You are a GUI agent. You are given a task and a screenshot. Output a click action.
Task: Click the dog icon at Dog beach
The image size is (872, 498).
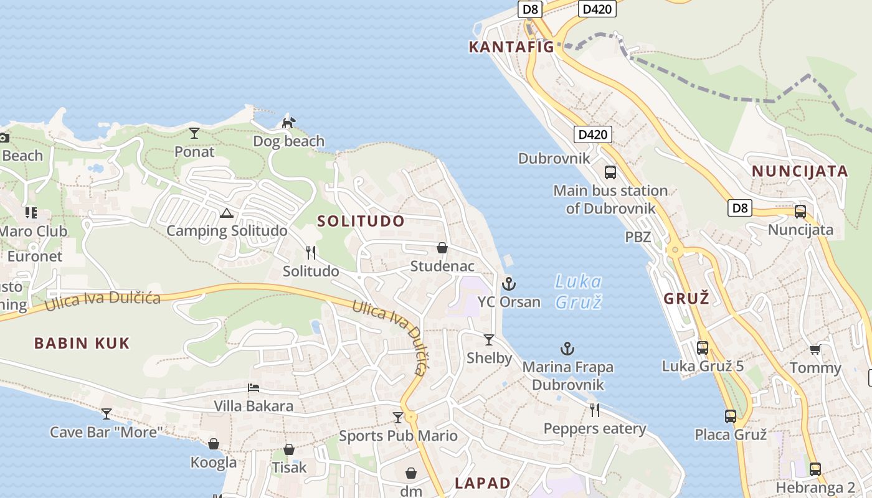[x=288, y=123]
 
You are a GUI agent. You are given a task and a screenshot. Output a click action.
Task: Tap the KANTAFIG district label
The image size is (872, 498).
[x=511, y=47]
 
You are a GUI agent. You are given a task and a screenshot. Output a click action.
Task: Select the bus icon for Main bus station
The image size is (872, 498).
[x=610, y=172]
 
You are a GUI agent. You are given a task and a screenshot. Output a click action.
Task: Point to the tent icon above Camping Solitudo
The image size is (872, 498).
[x=226, y=214]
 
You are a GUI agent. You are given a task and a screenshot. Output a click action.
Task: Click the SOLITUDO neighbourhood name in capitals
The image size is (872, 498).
[x=361, y=221]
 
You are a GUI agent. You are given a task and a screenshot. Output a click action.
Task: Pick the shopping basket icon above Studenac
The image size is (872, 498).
[x=442, y=248]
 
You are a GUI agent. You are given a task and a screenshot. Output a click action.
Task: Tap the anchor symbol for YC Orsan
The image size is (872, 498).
[x=509, y=284]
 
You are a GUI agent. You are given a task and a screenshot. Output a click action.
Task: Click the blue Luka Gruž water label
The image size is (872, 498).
[x=579, y=291]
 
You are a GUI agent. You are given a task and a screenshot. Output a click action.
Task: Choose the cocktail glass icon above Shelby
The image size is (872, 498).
[x=489, y=340]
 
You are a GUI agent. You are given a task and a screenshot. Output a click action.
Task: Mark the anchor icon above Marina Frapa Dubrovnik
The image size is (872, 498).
[x=567, y=349]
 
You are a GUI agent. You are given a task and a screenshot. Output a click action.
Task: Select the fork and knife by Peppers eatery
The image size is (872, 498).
[x=595, y=410]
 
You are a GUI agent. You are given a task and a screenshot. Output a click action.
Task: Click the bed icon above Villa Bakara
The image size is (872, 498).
[x=253, y=388]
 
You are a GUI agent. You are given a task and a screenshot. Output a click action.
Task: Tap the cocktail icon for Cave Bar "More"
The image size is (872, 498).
[x=107, y=413]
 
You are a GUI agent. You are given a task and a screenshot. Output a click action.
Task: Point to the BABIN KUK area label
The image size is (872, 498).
[x=82, y=343]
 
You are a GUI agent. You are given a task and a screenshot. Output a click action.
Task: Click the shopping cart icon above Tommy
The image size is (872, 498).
[x=814, y=350]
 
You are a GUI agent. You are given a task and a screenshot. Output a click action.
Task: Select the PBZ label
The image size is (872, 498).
[x=638, y=237]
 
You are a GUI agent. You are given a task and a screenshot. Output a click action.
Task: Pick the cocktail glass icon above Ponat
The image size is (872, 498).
[x=194, y=133]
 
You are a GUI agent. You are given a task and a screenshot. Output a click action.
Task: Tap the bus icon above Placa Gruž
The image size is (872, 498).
[x=730, y=416]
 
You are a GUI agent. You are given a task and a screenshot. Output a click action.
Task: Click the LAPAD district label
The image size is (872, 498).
[x=483, y=483]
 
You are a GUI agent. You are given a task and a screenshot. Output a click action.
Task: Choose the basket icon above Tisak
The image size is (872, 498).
[x=289, y=449]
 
